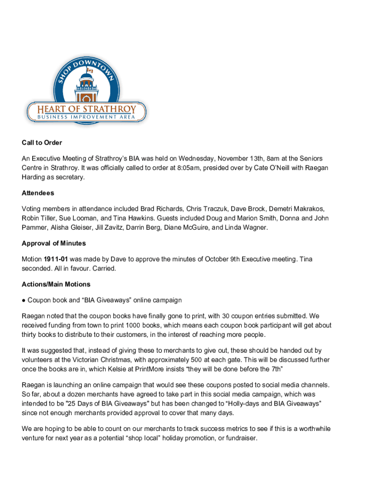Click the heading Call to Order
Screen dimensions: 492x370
pos(42,143)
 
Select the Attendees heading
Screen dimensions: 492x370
pos(38,193)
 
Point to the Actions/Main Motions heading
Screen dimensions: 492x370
pos(56,284)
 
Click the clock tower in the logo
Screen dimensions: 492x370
pos(87,87)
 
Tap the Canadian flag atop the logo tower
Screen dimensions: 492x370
pos(89,70)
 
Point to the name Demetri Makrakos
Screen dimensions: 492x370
pos(296,209)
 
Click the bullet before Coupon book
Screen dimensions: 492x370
pos(24,300)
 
